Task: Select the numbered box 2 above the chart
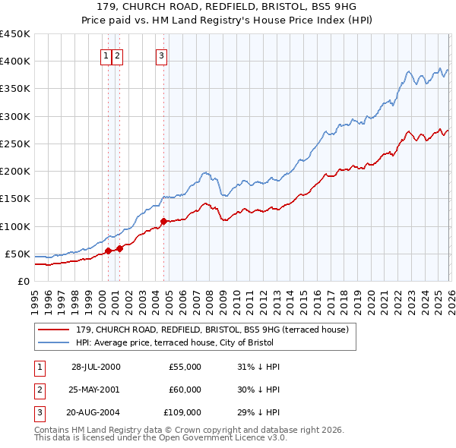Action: pyautogui.click(x=119, y=55)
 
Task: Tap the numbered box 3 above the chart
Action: pyautogui.click(x=162, y=55)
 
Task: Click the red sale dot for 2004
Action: pyautogui.click(x=163, y=222)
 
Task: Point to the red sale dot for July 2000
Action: pyautogui.click(x=108, y=251)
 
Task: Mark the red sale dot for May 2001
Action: pyautogui.click(x=119, y=248)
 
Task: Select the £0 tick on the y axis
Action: pyautogui.click(x=24, y=281)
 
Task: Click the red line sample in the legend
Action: pyautogui.click(x=54, y=330)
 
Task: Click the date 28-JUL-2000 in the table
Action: pyautogui.click(x=96, y=367)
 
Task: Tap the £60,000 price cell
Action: pyautogui.click(x=185, y=390)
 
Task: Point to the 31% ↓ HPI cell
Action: pyautogui.click(x=259, y=367)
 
